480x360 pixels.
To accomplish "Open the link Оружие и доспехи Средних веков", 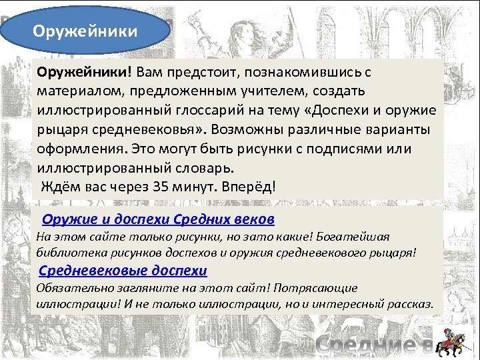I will [x=158, y=219].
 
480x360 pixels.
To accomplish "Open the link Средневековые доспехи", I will [x=123, y=271].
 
